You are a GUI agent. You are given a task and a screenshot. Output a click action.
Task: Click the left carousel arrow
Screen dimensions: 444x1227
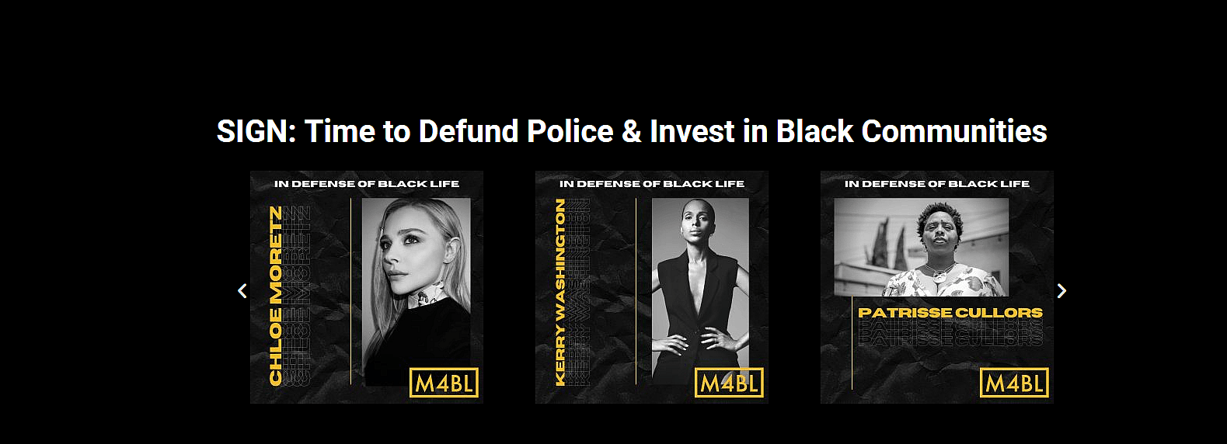[242, 290]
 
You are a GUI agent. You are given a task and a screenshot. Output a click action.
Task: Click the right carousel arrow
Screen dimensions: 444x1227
[1061, 290]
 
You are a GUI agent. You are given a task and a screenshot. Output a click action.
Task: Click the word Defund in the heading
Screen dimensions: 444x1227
[469, 131]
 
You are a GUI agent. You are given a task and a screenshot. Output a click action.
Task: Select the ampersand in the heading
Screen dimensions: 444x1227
[631, 131]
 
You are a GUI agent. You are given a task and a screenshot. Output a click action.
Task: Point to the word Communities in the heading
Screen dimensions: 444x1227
[954, 131]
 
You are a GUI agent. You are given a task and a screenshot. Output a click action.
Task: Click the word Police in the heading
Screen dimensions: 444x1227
[570, 131]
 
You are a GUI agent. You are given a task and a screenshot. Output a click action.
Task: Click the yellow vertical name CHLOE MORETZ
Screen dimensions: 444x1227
[276, 295]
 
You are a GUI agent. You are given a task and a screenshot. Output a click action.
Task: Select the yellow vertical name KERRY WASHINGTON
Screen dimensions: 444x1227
[560, 292]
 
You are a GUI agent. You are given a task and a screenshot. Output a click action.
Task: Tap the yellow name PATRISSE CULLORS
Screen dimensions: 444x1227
[950, 313]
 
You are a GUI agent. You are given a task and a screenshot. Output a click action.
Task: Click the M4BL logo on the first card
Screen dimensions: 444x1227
[444, 383]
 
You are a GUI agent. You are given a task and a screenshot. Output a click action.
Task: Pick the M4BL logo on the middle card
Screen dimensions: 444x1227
[729, 383]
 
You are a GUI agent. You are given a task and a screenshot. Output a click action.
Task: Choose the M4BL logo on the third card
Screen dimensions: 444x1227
[1014, 383]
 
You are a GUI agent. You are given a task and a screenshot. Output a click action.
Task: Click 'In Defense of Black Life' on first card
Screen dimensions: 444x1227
[367, 184]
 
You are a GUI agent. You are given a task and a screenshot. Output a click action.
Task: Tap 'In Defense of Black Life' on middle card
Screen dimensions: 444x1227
[652, 184]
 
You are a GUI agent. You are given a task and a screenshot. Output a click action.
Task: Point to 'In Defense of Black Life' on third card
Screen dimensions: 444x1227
[937, 184]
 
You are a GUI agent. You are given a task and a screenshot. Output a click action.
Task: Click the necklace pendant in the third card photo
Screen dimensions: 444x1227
[941, 275]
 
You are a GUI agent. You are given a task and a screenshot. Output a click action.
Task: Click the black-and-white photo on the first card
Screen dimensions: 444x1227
[417, 291]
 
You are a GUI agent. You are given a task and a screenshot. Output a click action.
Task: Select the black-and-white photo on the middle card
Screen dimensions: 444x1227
[700, 291]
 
